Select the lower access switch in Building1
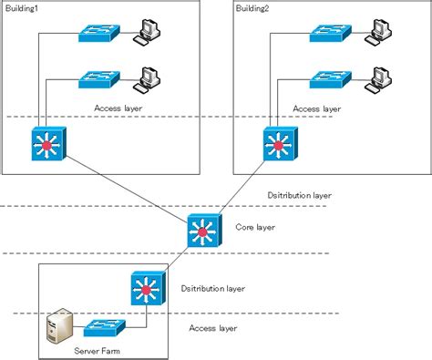(x=96, y=80)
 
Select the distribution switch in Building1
(x=45, y=145)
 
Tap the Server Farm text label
(x=98, y=350)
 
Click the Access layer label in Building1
(x=118, y=108)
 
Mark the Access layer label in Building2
(x=316, y=108)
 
